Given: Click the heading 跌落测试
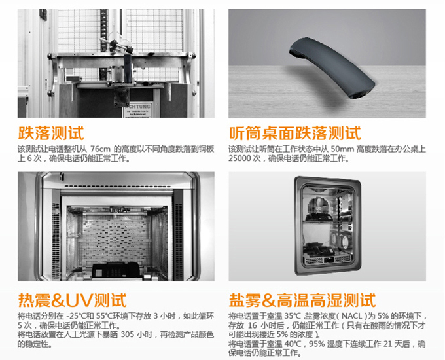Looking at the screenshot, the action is [51, 133].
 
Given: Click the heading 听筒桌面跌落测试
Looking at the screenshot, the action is [294, 133].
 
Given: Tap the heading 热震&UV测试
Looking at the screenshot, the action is [73, 300].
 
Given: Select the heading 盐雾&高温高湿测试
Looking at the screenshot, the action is [302, 300].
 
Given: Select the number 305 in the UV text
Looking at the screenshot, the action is [128, 334].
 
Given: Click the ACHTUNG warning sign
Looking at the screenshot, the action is [137, 109].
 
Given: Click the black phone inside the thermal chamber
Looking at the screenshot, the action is [116, 272].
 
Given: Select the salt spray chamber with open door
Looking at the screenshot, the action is [327, 226].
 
